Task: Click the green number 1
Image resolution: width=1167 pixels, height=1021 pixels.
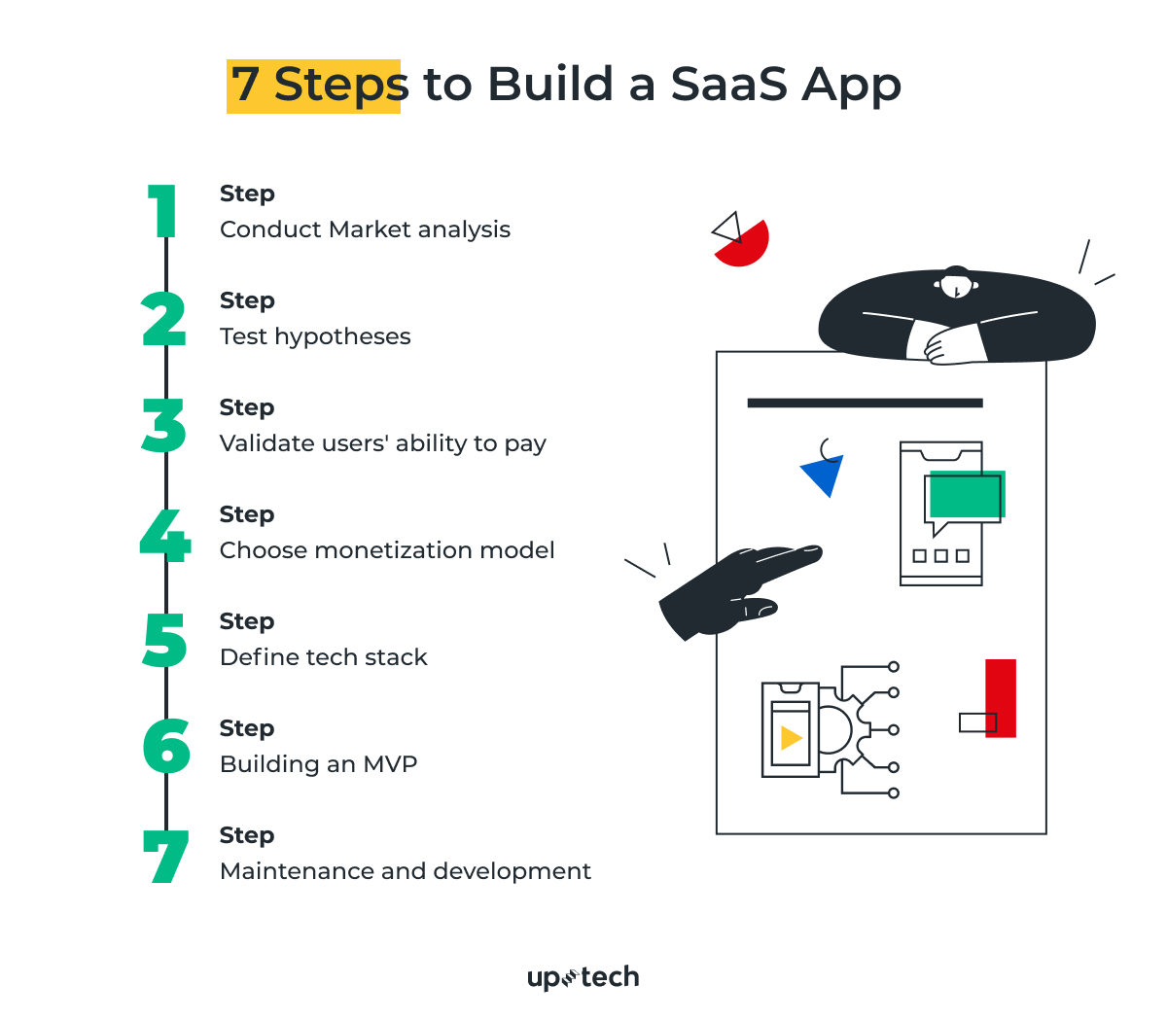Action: [164, 211]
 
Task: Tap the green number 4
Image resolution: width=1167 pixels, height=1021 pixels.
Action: [164, 535]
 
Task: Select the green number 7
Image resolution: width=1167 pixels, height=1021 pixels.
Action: [166, 857]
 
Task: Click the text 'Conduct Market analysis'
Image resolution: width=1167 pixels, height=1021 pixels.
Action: [365, 229]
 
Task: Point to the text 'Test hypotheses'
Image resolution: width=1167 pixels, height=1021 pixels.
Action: [315, 336]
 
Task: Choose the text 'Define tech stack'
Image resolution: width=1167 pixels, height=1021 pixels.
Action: [323, 657]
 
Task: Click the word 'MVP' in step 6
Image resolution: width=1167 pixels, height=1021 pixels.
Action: [390, 764]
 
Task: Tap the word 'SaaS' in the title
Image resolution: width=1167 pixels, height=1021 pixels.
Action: [728, 85]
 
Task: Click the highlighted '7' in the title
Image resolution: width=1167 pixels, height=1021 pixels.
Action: [245, 86]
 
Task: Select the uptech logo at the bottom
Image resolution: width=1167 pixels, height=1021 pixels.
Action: [583, 977]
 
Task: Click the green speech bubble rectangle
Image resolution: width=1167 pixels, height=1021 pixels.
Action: [967, 495]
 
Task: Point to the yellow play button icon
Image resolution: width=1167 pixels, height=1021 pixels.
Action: [791, 738]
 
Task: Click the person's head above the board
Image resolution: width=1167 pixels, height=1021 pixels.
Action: [956, 282]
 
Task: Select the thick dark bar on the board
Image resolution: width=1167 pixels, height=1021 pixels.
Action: [865, 403]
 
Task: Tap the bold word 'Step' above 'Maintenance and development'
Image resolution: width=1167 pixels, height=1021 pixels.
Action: [247, 835]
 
